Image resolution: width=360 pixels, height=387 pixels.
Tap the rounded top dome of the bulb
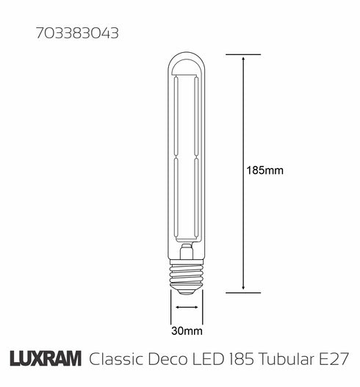tap(187, 62)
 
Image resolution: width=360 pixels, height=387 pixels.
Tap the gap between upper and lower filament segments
tap(187, 158)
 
